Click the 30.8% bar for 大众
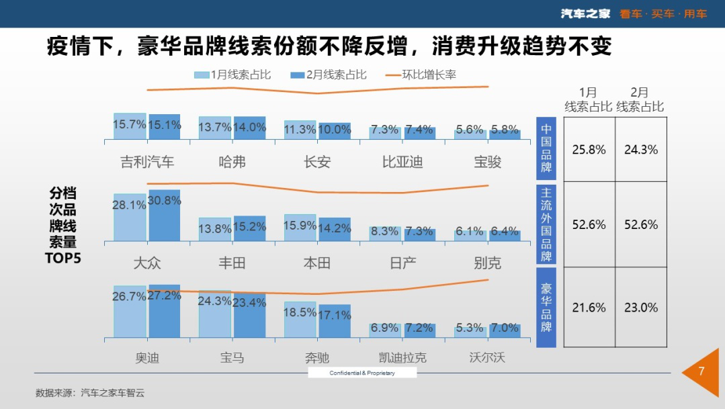pyautogui.click(x=165, y=216)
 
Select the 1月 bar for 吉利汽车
pyautogui.click(x=130, y=126)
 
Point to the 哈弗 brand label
pyautogui.click(x=232, y=162)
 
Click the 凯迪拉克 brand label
pyautogui.click(x=402, y=357)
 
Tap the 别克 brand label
pyautogui.click(x=487, y=262)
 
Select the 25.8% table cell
pyautogui.click(x=589, y=150)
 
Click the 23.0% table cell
pyautogui.click(x=640, y=308)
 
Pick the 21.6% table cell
pyautogui.click(x=589, y=308)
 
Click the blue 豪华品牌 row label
pyautogui.click(x=546, y=308)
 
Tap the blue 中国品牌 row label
pyautogui.click(x=546, y=148)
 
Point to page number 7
pyautogui.click(x=701, y=371)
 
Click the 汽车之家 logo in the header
pyautogui.click(x=585, y=13)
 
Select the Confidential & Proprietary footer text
pyautogui.click(x=362, y=373)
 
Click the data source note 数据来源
pyautogui.click(x=90, y=393)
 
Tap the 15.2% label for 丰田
pyautogui.click(x=249, y=227)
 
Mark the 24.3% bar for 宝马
pyautogui.click(x=214, y=314)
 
